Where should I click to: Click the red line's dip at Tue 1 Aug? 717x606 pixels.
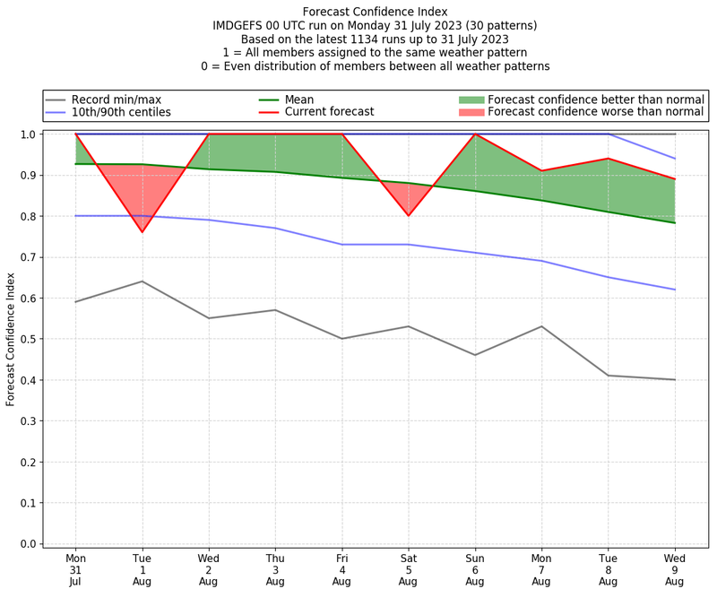(x=142, y=232)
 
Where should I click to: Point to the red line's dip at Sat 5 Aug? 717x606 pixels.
(x=408, y=215)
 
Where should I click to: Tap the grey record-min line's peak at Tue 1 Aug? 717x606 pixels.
(x=142, y=281)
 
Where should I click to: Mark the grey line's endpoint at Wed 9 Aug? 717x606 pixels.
(x=674, y=379)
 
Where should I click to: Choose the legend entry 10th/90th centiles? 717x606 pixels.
(x=121, y=112)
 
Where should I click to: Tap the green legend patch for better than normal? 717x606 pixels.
(x=471, y=100)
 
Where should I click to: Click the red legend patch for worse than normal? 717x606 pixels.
(x=471, y=112)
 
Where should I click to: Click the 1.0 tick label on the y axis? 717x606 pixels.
(x=28, y=134)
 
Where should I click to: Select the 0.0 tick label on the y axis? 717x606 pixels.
(x=28, y=544)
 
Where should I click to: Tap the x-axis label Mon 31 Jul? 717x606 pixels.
(x=75, y=569)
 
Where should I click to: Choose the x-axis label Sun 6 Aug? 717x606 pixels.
(x=474, y=569)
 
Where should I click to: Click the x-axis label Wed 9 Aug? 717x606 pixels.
(x=674, y=569)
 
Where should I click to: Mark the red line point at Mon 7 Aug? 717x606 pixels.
(x=541, y=170)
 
